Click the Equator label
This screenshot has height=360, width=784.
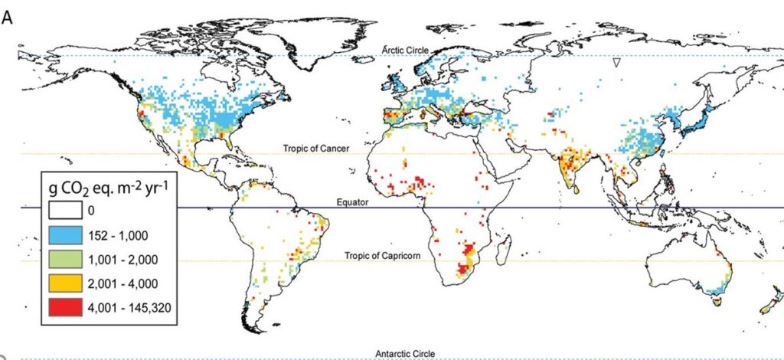354,202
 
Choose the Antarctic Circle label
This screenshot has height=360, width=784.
405,354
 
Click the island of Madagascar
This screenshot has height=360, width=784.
503,247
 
